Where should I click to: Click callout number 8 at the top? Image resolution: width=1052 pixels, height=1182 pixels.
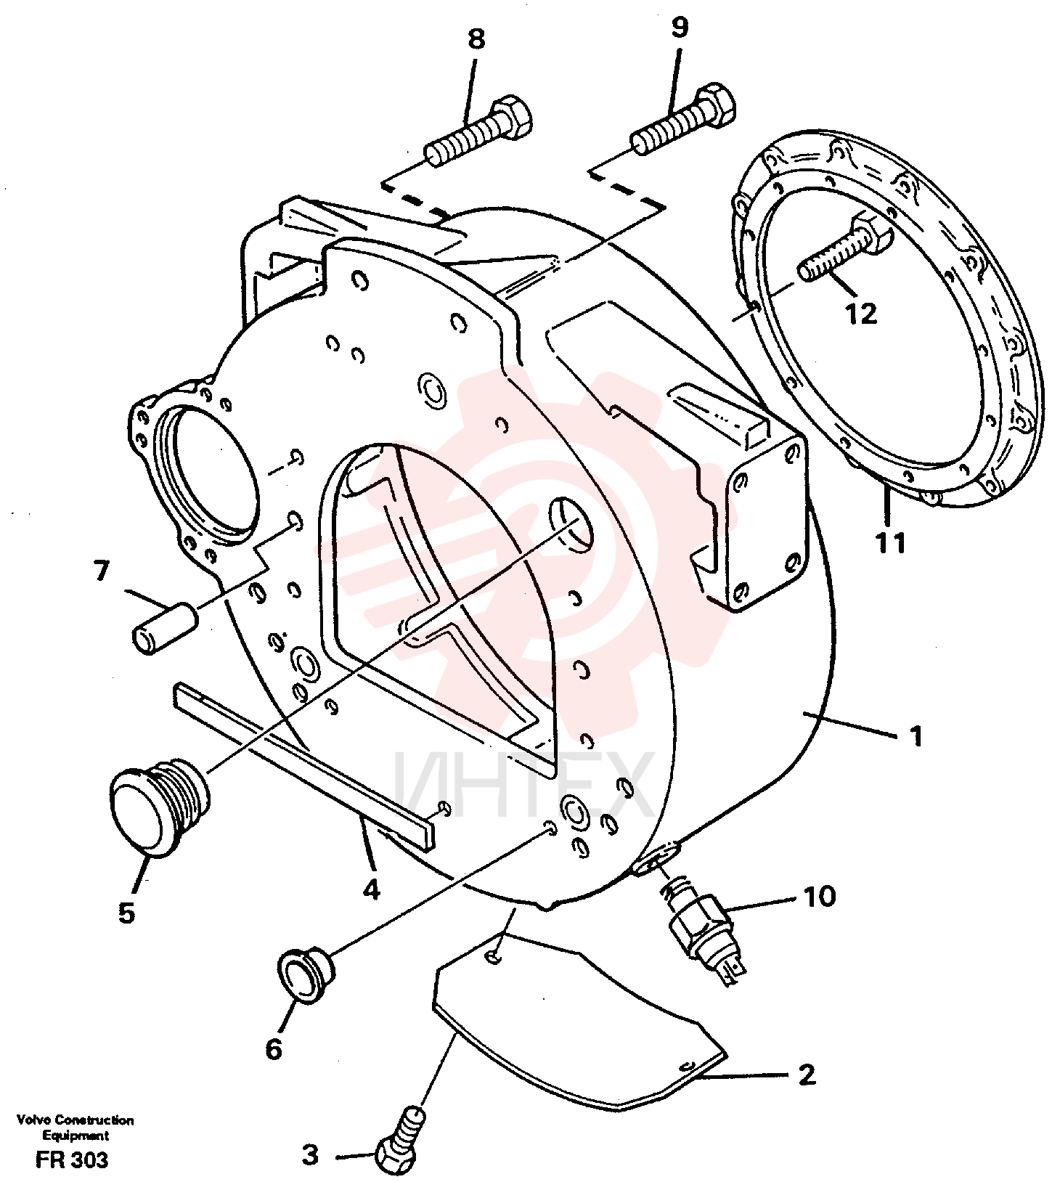476,39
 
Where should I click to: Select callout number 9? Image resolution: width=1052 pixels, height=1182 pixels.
679,28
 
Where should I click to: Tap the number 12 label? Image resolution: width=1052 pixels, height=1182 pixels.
861,314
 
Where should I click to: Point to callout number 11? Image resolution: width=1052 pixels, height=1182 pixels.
890,542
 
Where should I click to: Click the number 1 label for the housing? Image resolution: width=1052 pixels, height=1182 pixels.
916,736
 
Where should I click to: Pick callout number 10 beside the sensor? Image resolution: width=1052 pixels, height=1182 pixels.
819,897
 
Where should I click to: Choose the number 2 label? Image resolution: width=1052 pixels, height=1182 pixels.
807,1075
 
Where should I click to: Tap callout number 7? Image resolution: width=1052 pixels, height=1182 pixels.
101,571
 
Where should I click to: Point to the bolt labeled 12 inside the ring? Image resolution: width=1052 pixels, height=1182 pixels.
846,248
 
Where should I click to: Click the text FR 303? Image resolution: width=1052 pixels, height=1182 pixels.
71,1159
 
